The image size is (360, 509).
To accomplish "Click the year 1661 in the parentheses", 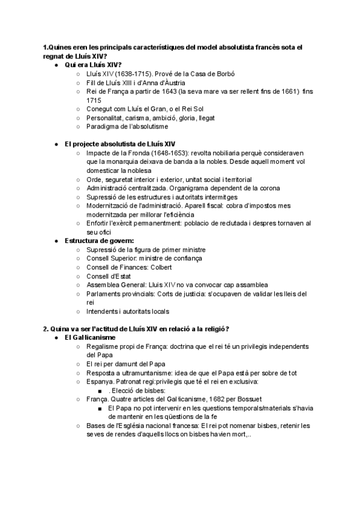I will (x=286, y=91).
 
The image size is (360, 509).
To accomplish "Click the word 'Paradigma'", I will (x=103, y=127).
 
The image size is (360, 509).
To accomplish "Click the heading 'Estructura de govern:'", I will (x=99, y=241).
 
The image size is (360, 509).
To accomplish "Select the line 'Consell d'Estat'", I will (x=109, y=276).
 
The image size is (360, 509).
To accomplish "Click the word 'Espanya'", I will (x=101, y=382).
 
